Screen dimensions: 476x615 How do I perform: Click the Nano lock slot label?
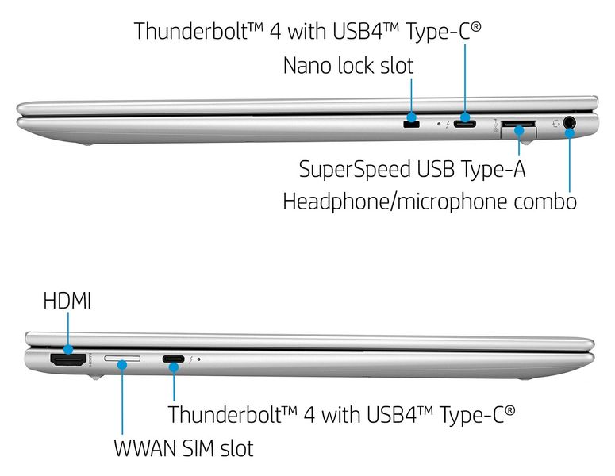coord(348,65)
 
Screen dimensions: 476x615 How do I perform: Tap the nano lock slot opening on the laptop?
coord(410,125)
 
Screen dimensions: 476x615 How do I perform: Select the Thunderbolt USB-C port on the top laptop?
coord(465,124)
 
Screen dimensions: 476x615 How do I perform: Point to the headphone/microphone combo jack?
coord(569,123)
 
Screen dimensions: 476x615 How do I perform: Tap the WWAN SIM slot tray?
coord(123,361)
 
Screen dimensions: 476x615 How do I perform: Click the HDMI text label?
coord(67,301)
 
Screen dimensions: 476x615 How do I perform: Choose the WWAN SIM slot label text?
coord(183,448)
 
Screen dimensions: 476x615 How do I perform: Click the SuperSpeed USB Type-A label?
coord(412,169)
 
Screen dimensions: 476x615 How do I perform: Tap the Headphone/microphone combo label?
coord(429,202)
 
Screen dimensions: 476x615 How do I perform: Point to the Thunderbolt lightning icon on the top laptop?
coord(448,125)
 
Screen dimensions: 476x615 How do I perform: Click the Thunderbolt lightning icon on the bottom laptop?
coord(190,359)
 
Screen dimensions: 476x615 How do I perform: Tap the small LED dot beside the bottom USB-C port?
coord(198,359)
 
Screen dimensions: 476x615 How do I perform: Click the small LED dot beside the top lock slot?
coord(439,125)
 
